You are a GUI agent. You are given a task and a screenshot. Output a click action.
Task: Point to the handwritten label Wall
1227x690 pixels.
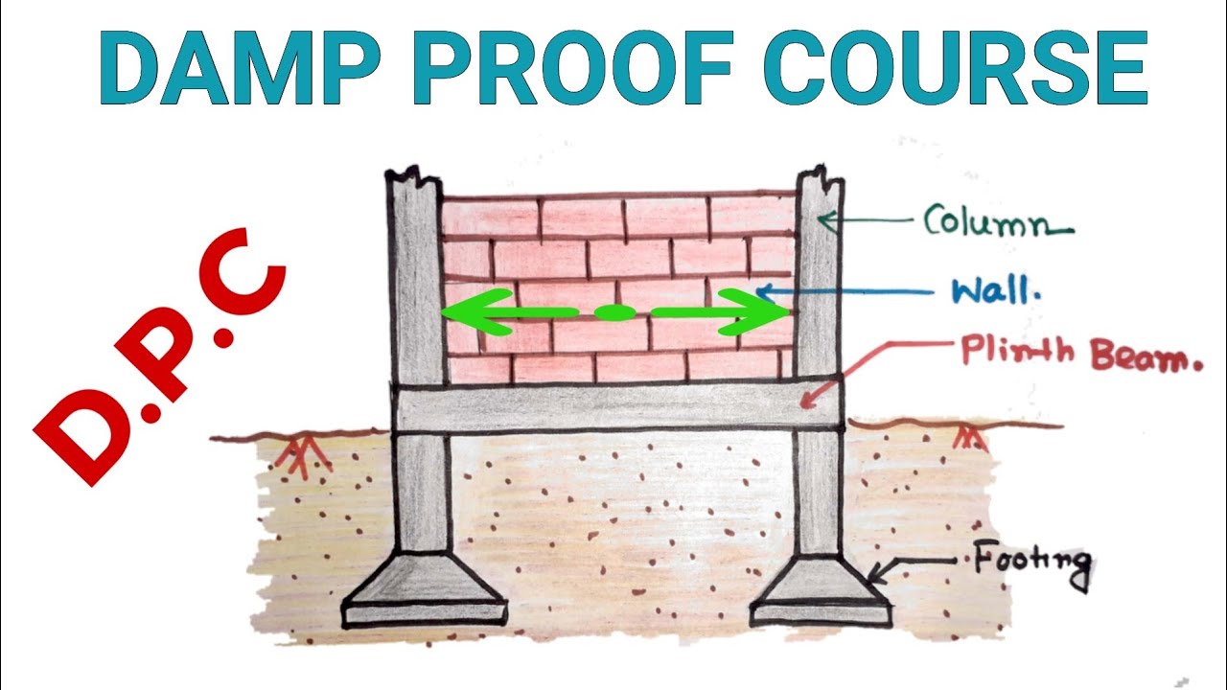[994, 290]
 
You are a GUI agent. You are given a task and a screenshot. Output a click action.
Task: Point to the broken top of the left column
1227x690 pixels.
[413, 178]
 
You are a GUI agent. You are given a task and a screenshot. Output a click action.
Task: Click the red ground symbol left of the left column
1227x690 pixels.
[302, 452]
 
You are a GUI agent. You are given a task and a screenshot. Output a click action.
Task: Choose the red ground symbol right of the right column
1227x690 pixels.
[969, 438]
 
